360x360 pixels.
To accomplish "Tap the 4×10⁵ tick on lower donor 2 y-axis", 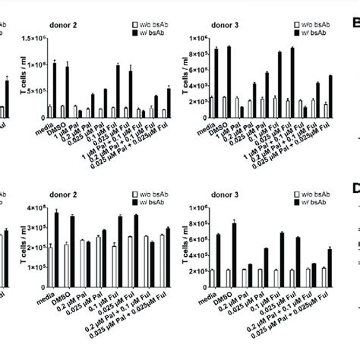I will [34, 207].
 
